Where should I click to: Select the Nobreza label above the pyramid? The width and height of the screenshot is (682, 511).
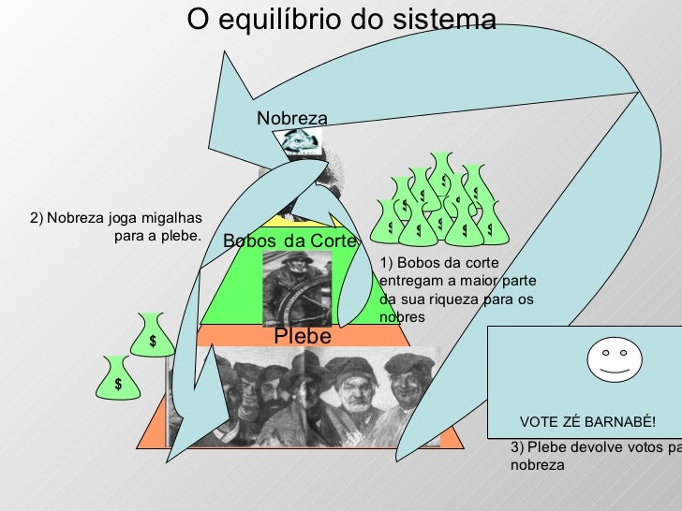292,119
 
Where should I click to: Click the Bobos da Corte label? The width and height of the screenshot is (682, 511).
290,241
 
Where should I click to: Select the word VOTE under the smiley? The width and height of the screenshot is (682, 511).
539,422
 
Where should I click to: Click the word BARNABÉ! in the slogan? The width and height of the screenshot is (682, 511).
623,422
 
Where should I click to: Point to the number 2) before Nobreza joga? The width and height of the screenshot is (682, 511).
37,218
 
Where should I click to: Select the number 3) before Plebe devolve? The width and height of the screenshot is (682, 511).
518,447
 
